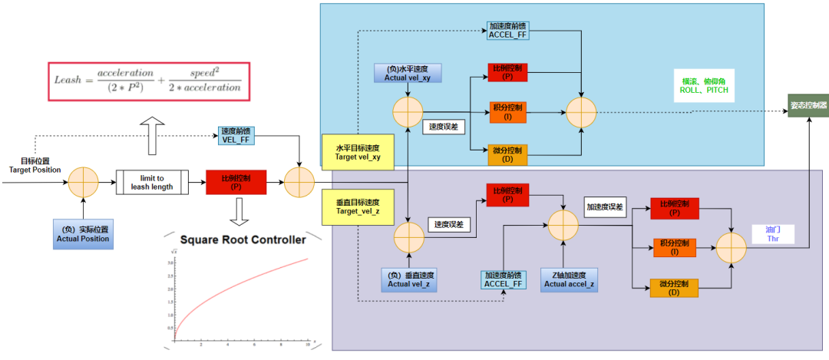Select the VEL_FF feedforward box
[236, 135]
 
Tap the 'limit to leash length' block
[157, 182]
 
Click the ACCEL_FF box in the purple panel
[504, 279]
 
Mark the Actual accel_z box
[570, 279]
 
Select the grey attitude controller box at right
[808, 104]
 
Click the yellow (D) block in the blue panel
[507, 154]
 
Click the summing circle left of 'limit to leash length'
[84, 182]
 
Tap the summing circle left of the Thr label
[731, 247]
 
